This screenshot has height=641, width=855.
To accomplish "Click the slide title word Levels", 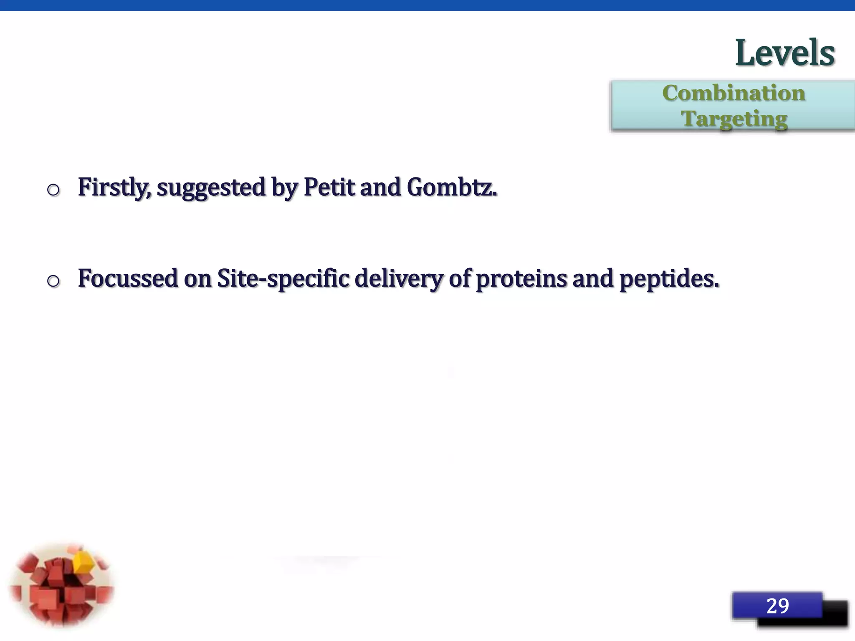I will pos(784,53).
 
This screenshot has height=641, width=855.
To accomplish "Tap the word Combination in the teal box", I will pos(734,93).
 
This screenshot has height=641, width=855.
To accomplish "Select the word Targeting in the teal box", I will pos(734,119).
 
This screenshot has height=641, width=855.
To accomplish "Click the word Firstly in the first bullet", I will pos(114,187).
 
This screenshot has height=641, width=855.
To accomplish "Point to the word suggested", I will pos(211,188).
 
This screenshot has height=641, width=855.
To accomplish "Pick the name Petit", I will pos(329,187).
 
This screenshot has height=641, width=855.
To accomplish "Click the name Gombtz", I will pos(452,187).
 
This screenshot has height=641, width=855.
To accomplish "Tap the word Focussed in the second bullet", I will pos(128,278).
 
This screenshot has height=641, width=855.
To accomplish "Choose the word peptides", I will pos(669,279).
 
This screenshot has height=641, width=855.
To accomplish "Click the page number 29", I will pos(777,606).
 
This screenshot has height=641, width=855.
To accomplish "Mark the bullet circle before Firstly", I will pos(53,190).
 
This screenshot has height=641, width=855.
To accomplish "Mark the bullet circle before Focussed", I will pos(53,281).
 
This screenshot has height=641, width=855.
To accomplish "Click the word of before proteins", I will pos(460,278).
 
